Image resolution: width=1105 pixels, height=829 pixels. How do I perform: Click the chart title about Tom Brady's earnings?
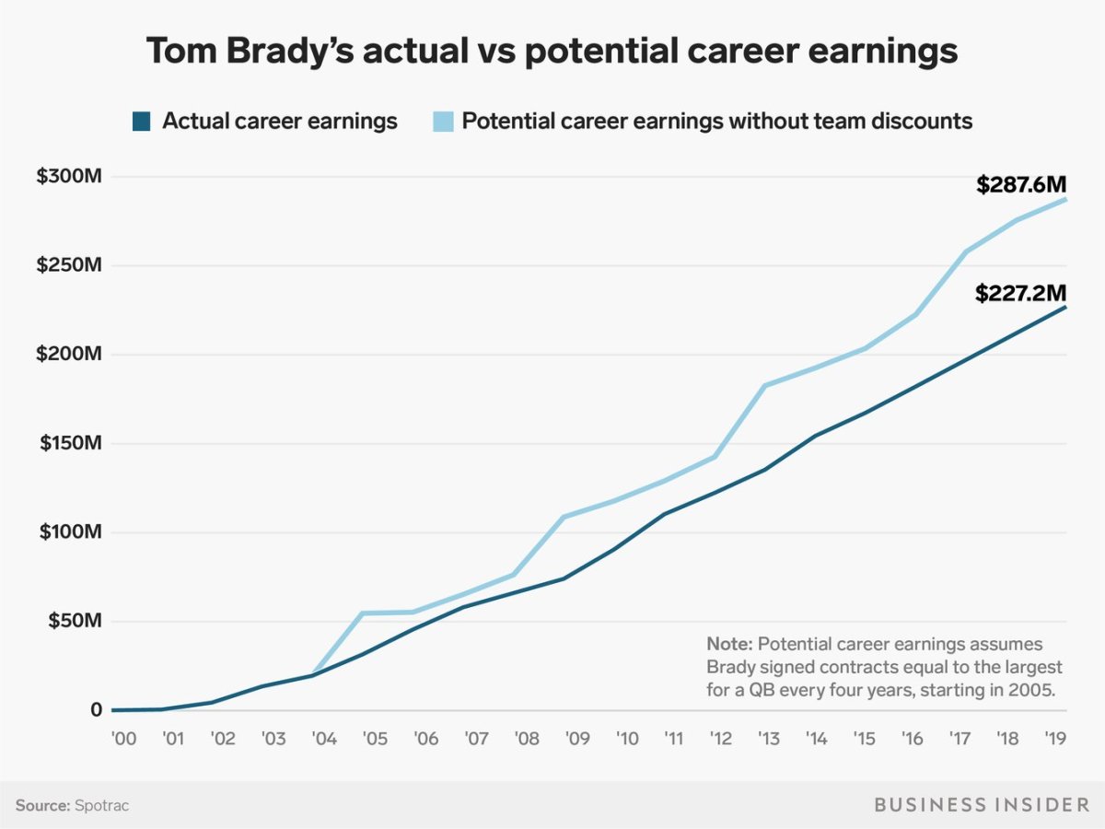(552, 53)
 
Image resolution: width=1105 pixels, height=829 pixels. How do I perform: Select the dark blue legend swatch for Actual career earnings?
(141, 122)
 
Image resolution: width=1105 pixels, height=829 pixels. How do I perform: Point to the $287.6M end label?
(1021, 185)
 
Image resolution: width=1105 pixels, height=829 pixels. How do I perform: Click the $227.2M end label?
(1021, 294)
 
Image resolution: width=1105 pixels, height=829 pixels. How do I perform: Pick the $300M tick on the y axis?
(68, 176)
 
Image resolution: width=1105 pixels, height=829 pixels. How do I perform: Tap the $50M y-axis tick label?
(73, 621)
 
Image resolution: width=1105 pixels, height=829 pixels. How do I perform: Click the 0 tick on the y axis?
(96, 710)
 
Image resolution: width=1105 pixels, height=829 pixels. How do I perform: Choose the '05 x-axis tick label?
(374, 739)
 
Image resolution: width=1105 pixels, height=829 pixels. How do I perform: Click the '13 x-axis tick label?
(766, 739)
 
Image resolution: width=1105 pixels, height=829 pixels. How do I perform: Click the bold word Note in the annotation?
(727, 643)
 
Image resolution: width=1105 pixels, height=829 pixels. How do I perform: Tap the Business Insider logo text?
(981, 805)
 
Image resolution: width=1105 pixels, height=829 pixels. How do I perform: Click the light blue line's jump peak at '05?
(362, 613)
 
